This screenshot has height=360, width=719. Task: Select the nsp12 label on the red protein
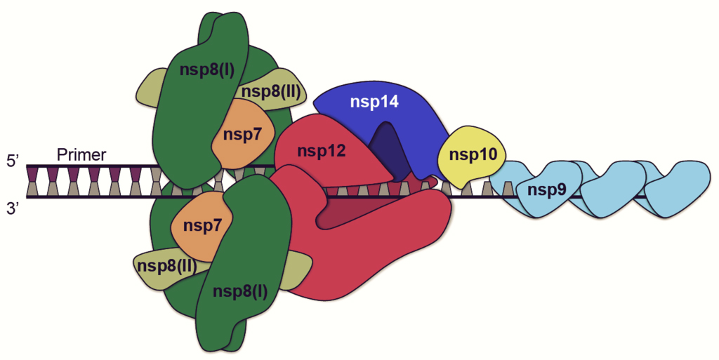(x=321, y=150)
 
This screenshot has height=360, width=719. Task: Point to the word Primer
(x=82, y=154)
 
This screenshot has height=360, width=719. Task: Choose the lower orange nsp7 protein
(x=202, y=226)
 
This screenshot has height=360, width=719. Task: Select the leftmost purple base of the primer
(x=32, y=172)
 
